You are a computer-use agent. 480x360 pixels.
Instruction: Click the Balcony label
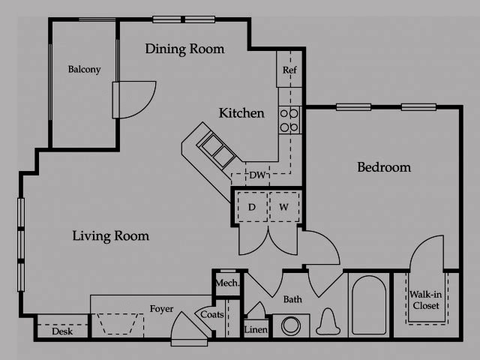tap(84, 70)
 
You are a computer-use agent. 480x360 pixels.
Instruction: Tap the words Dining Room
tap(184, 49)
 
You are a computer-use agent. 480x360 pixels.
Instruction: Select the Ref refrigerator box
tap(289, 70)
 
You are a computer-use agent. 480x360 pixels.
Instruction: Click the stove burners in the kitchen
tap(289, 120)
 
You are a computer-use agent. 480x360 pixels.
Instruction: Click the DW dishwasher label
tap(257, 175)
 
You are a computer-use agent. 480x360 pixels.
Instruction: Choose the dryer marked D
tap(252, 206)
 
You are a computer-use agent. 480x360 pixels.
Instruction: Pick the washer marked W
tap(284, 206)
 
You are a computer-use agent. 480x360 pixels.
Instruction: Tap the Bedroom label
tap(383, 167)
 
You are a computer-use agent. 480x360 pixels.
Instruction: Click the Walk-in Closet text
tap(424, 300)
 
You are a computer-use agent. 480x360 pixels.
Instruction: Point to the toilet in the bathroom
tap(327, 323)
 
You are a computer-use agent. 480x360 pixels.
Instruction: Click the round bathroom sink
tap(293, 325)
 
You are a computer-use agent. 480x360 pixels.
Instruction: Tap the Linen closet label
tap(256, 329)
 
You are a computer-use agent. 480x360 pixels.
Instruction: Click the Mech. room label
tap(227, 283)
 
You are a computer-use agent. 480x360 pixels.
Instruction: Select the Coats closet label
tap(211, 315)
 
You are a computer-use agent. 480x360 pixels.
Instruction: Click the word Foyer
tap(162, 308)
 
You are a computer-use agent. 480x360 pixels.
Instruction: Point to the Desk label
tap(62, 331)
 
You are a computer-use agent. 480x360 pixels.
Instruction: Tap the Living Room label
tap(111, 236)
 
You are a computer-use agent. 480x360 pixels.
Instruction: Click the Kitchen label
tap(241, 113)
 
